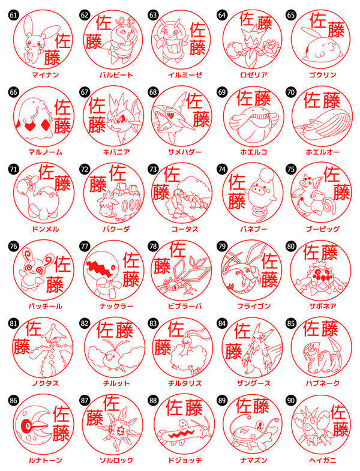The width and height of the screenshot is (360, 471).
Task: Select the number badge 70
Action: click(x=291, y=92)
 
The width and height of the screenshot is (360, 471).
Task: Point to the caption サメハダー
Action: click(x=182, y=152)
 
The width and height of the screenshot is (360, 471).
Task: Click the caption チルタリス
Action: click(x=182, y=382)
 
